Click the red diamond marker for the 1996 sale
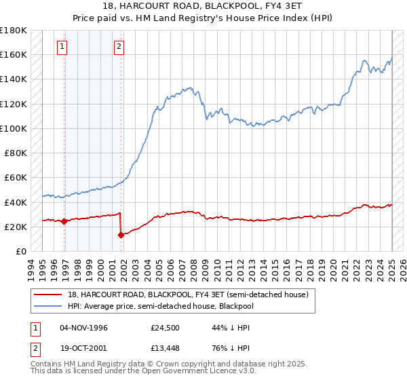(64, 221)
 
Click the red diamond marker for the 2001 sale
(121, 235)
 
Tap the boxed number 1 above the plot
(62, 47)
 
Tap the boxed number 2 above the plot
(119, 47)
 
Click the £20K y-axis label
(16, 227)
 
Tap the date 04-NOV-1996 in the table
(83, 328)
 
